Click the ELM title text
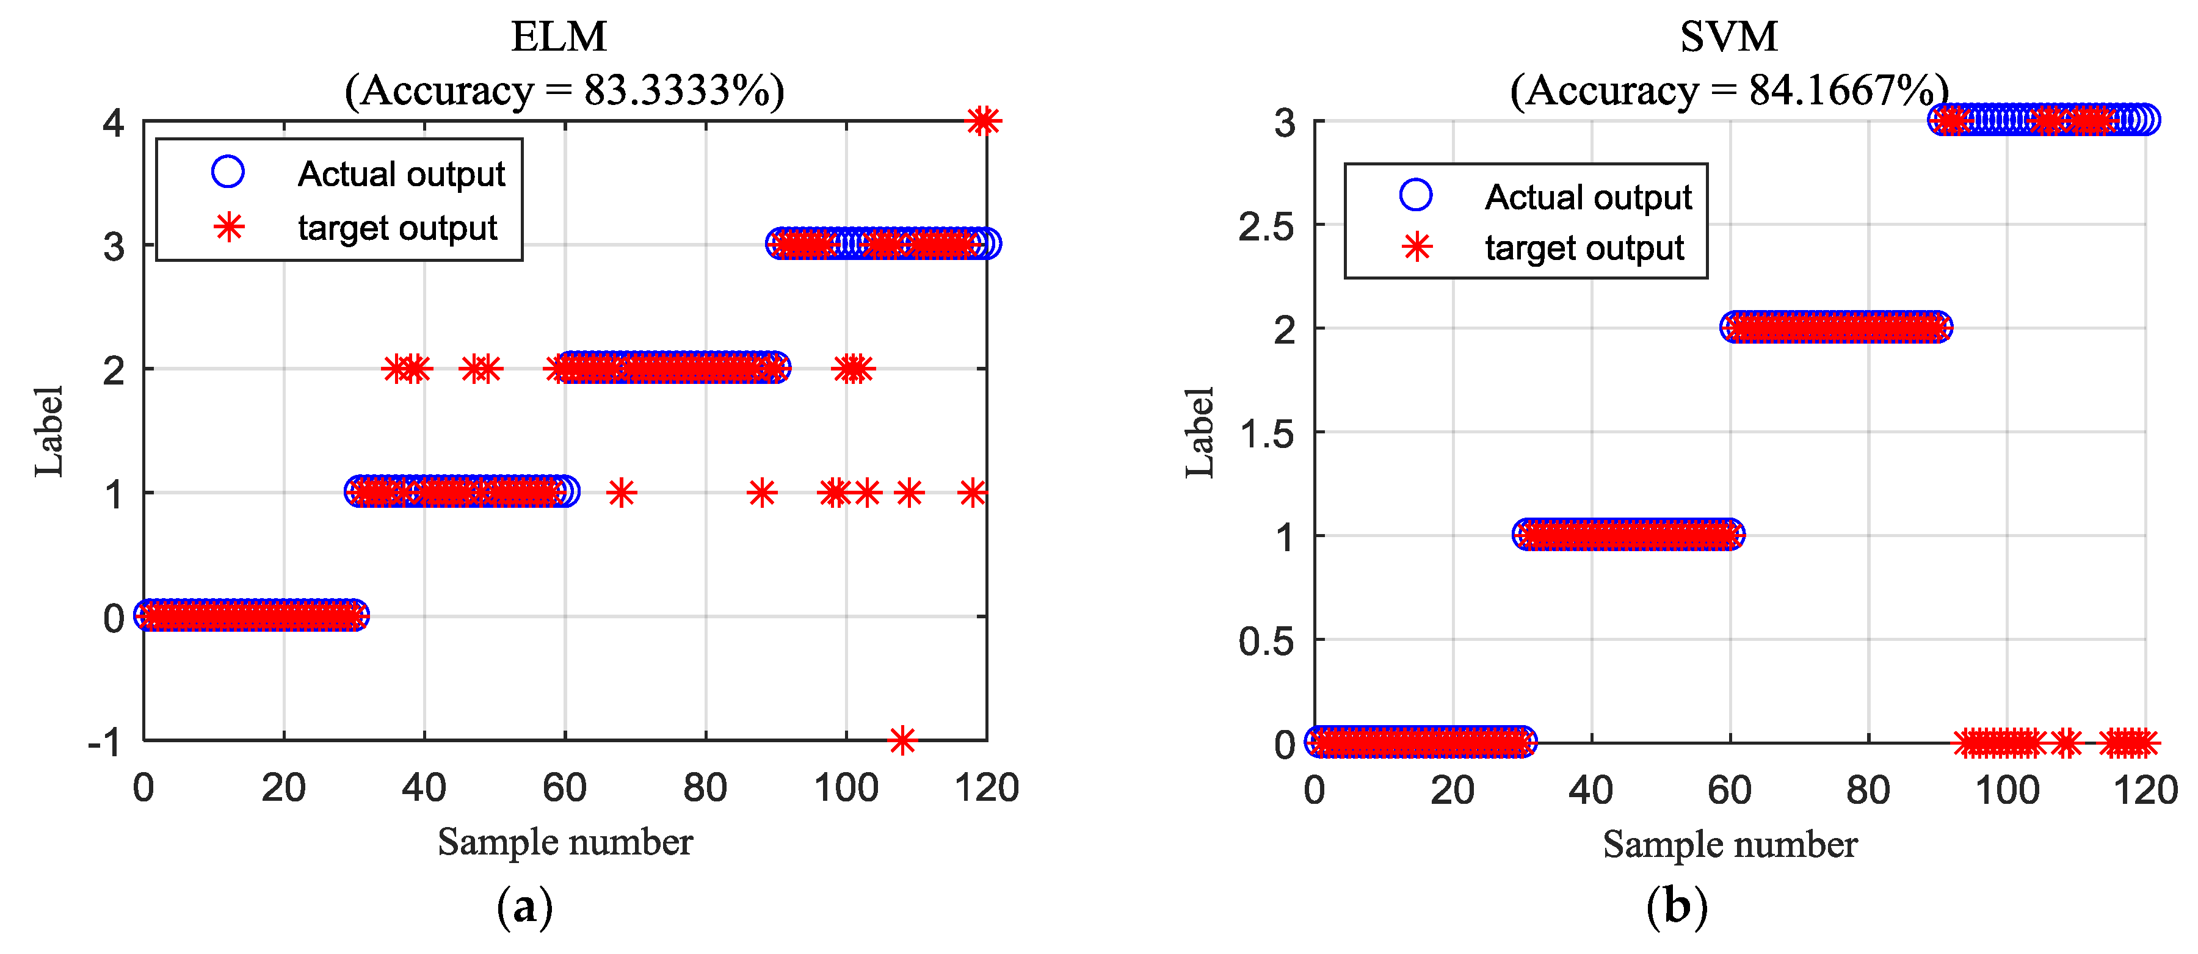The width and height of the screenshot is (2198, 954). point(559,37)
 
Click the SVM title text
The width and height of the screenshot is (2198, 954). point(1728,37)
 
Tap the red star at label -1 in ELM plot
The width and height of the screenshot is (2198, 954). point(902,740)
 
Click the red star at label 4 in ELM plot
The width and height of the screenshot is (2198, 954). point(983,121)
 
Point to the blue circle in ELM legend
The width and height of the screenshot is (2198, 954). point(228,172)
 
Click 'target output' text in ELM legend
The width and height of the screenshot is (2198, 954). point(397,228)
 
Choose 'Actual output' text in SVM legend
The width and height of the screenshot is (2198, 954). point(1588,197)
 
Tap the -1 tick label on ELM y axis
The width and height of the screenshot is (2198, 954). point(106,742)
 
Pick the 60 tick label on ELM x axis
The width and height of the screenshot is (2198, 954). point(564,787)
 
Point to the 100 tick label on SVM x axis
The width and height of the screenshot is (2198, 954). point(2007,790)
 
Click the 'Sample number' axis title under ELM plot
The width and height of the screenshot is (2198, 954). point(565,842)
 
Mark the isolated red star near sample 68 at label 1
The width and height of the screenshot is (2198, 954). point(621,493)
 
